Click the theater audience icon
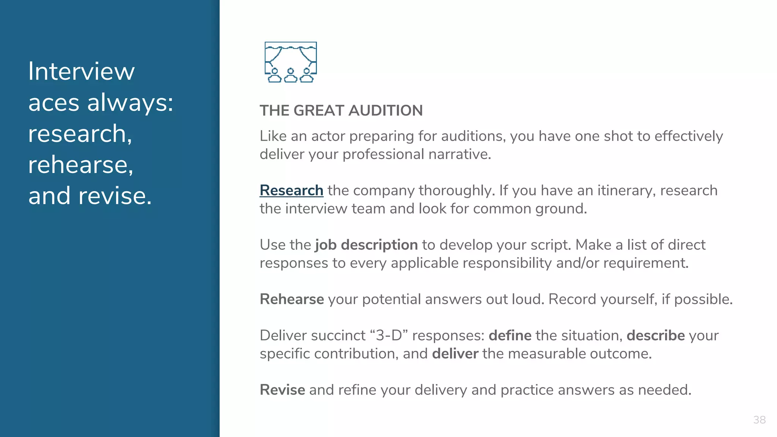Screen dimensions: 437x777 coord(291,62)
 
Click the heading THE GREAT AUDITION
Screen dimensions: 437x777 coord(341,111)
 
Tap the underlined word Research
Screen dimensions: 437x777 coord(291,190)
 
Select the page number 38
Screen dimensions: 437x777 coord(759,420)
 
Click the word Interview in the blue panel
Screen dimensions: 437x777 coord(82,71)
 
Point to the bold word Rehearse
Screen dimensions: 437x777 coord(292,299)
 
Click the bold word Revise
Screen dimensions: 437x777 coord(282,390)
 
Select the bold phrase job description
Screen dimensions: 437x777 coord(366,245)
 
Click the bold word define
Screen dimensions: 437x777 coord(510,336)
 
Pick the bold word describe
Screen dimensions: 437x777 coord(655,336)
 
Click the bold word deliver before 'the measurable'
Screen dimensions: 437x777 coord(455,354)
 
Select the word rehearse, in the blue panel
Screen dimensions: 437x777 coord(81,165)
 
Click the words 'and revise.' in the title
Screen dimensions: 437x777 coord(90,196)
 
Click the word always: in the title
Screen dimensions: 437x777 coord(130,102)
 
